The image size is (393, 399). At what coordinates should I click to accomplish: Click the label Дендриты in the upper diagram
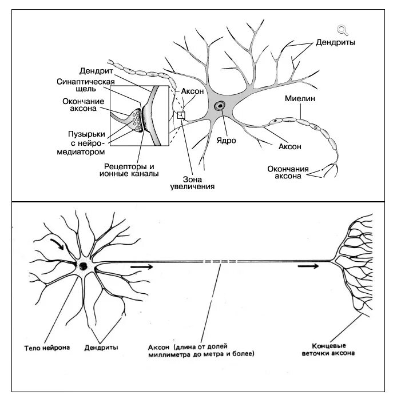coord(336,43)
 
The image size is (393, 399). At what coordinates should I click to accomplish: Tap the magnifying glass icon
coord(342,30)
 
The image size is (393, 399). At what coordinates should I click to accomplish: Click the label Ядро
coord(226,139)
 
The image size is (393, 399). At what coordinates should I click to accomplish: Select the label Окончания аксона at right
coord(288,173)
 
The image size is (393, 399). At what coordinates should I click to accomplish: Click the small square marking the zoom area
coord(181,115)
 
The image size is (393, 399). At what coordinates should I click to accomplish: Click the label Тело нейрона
coord(48,347)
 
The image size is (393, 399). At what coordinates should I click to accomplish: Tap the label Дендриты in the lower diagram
coord(101,347)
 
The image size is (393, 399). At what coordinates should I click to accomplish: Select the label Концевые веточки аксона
coord(328,350)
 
